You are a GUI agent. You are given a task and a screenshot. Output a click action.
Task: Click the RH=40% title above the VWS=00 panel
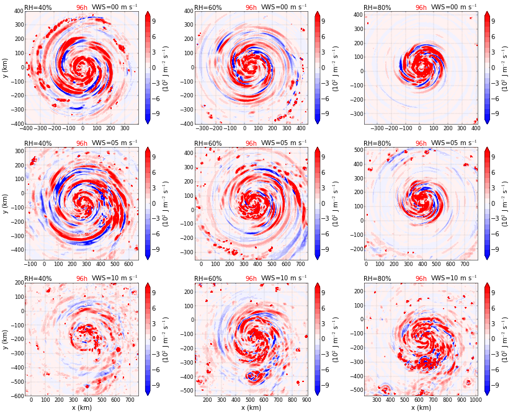click(38, 7)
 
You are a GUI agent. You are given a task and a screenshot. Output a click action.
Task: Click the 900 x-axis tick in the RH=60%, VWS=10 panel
click(305, 401)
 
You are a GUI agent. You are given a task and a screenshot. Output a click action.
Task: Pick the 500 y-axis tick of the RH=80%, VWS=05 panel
click(357, 150)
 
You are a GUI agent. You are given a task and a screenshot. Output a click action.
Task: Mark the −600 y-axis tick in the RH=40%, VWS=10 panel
click(16, 396)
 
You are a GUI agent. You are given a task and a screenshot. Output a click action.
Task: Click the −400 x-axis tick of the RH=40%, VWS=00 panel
click(27, 129)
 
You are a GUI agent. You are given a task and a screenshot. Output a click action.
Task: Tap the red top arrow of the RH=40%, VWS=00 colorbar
click(148, 14)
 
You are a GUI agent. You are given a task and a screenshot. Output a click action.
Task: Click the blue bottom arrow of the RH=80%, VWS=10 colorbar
click(487, 392)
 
